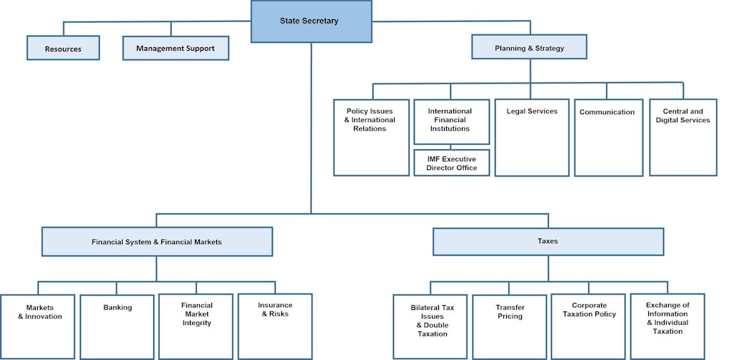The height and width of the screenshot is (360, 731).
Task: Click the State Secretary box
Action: coord(311,21)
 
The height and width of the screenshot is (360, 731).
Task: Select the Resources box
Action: coord(63,49)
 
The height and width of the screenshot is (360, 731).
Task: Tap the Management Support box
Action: coord(175,49)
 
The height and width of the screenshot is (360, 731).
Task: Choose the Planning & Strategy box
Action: coord(529,48)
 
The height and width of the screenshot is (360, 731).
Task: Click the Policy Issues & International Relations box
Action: coord(370,137)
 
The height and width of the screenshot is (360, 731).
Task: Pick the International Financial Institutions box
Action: coord(451,121)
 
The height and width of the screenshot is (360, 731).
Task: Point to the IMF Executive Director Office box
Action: coord(451,162)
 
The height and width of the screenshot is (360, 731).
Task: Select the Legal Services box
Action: coord(532,137)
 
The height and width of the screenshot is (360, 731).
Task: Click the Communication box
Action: coord(608,137)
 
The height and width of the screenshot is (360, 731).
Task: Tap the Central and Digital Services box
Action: coord(683,137)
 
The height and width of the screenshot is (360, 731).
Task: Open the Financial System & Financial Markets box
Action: coord(157,241)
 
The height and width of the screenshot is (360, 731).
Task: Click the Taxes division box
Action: coord(548,241)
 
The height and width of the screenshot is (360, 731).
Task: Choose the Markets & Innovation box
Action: coord(37,326)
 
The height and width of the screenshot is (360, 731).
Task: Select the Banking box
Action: coord(117,326)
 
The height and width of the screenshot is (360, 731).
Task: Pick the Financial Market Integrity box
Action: coord(196,326)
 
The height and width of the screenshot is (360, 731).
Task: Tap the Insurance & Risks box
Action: coord(275,326)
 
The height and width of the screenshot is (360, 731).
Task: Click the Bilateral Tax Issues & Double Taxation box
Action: coord(430,326)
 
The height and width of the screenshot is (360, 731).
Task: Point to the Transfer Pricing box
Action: coord(510,326)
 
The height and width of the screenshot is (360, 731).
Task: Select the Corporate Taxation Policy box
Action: coord(589,326)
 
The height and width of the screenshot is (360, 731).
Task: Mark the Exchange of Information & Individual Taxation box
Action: coord(667,326)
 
